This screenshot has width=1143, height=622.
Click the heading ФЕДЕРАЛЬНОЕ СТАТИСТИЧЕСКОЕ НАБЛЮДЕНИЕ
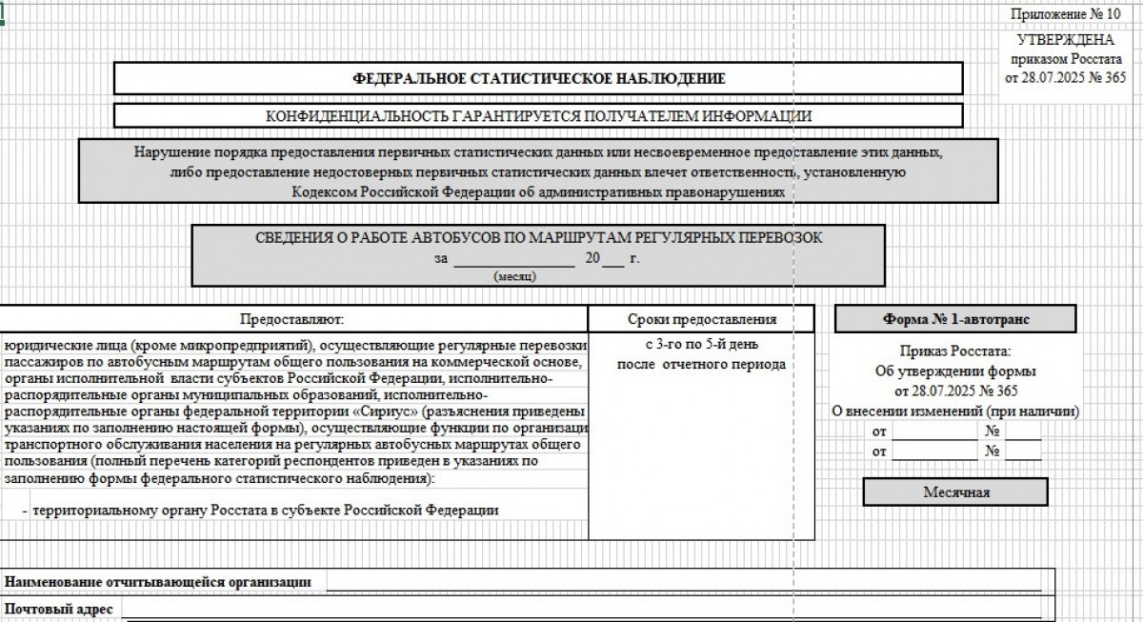coord(538,79)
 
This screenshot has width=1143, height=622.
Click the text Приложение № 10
coord(1065,15)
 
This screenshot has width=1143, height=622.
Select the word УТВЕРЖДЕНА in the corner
coord(1065,40)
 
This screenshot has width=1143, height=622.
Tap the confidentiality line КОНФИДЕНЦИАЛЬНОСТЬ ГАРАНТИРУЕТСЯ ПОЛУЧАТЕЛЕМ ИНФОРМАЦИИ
coord(538,116)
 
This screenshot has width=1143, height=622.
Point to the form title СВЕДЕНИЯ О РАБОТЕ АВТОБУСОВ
coord(538,237)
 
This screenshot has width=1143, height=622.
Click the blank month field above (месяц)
coord(513,258)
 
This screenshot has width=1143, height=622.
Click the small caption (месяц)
coord(514,276)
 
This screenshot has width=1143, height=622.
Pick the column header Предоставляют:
coord(291,319)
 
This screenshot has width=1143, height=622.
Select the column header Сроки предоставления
coord(702,319)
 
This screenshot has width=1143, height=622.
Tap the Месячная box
coord(955,492)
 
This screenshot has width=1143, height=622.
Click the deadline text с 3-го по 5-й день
coord(702,345)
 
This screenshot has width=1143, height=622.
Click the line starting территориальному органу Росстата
coord(265,510)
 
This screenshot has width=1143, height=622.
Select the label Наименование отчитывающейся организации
coord(158,581)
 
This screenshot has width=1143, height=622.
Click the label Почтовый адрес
coord(59,608)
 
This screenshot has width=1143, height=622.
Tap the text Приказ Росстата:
coord(955,351)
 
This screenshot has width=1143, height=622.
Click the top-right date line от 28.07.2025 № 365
coord(1065,77)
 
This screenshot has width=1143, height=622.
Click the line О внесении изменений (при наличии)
coord(955,411)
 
